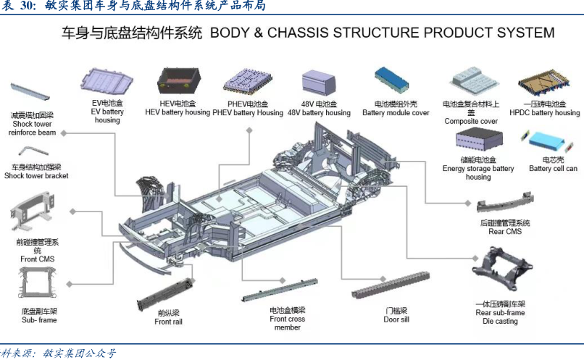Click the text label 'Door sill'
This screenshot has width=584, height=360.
[396, 319]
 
